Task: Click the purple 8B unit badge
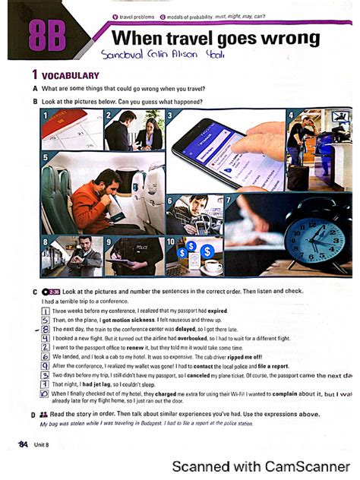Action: (x=46, y=36)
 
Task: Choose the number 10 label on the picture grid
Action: (x=172, y=242)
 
